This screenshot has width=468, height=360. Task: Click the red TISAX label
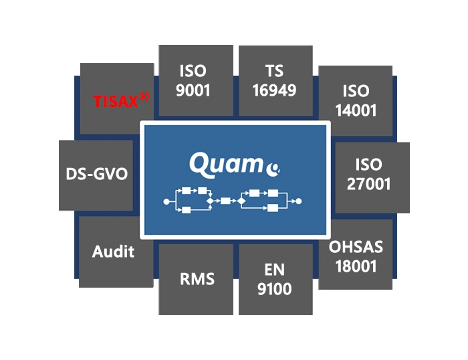tap(116, 102)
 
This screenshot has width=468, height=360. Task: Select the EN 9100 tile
tap(275, 278)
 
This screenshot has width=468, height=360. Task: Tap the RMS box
tap(196, 278)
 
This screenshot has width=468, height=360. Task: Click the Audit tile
tap(114, 252)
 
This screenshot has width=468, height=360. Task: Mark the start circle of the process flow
tap(166, 201)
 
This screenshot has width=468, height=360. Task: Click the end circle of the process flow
tap(299, 201)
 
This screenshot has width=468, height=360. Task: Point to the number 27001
tap(369, 184)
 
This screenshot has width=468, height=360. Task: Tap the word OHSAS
tap(356, 247)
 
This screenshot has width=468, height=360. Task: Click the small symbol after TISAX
tap(144, 98)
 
